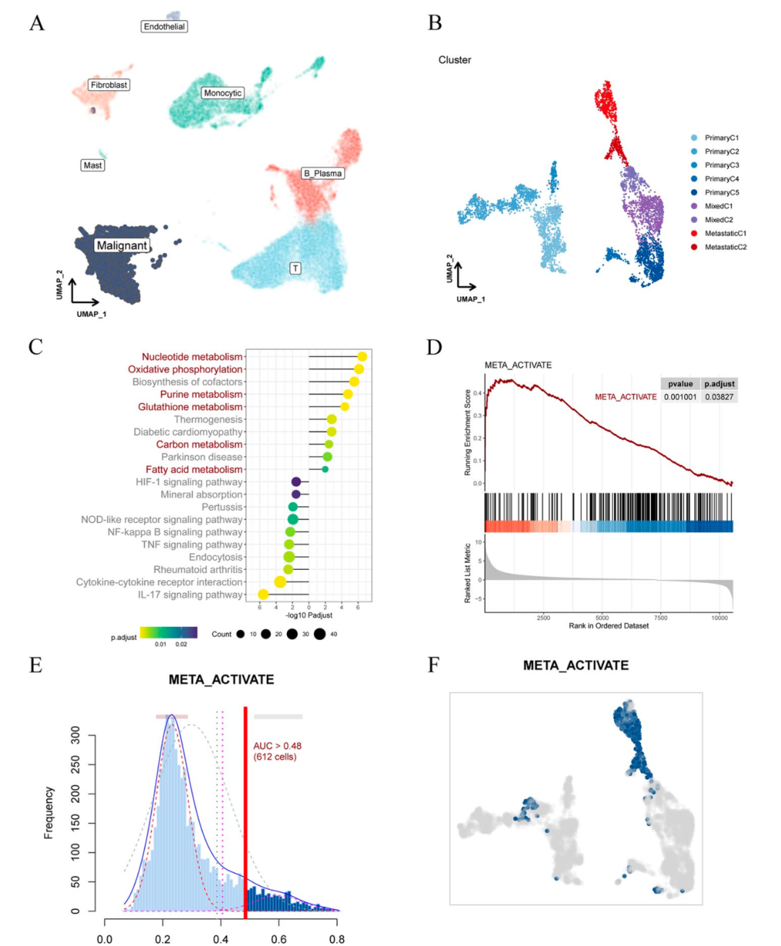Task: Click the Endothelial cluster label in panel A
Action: (164, 27)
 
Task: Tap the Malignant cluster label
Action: (121, 245)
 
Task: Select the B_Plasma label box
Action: (323, 174)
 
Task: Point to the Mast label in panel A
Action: (93, 166)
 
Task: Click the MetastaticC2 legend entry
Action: (725, 247)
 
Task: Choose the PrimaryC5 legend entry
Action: (722, 192)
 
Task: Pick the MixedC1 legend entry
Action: (718, 206)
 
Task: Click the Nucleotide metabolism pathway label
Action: (192, 357)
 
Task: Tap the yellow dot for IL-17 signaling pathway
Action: (263, 595)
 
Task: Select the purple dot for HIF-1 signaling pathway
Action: (296, 482)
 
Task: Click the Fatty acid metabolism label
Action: (194, 469)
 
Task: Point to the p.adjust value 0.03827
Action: (719, 397)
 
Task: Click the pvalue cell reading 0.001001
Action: (680, 397)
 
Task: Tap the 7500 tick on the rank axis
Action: (660, 618)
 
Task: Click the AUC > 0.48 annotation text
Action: (277, 751)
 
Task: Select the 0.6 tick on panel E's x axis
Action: (278, 939)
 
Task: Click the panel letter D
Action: (434, 347)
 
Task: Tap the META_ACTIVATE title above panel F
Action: (576, 665)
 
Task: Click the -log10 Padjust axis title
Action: (309, 615)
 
